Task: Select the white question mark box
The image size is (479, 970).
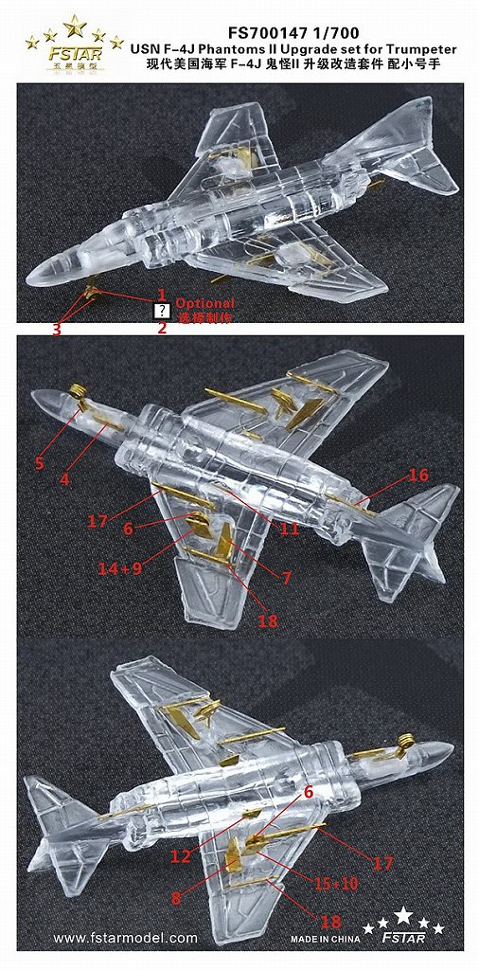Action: point(162,311)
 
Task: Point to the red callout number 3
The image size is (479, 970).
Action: point(57,329)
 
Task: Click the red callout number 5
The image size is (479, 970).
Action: point(39,463)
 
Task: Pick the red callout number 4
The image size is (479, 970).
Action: point(64,479)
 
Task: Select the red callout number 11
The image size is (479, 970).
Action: point(289,530)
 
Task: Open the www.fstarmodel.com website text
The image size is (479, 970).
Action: point(125,939)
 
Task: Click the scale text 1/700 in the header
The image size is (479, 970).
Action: point(339,11)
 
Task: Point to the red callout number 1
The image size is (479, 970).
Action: point(162,294)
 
